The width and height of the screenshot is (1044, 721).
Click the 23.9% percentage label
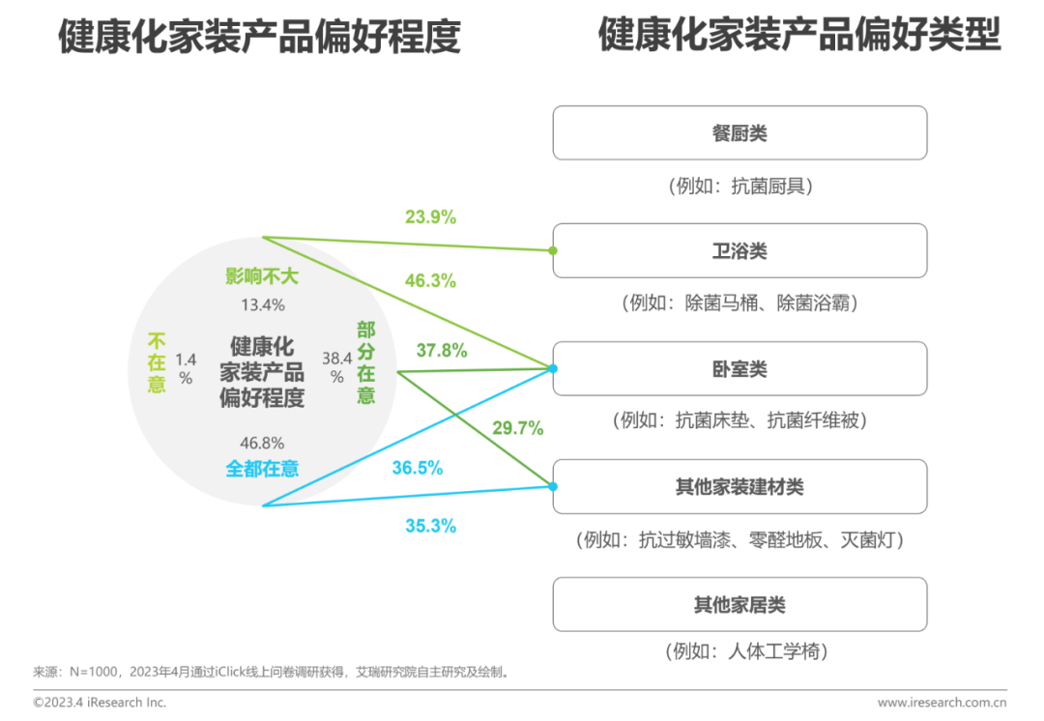click(x=430, y=217)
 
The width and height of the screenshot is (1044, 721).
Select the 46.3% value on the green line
click(x=430, y=281)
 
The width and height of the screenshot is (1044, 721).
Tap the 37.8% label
click(x=442, y=351)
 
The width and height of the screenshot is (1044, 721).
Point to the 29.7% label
click(x=517, y=428)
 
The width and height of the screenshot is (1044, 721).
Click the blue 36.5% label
click(x=418, y=468)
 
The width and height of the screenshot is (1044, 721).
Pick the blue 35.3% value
click(x=430, y=527)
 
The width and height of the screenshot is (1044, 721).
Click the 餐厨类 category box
click(x=739, y=133)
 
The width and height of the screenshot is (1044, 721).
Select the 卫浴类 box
click(x=739, y=251)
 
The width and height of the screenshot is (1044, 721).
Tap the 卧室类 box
click(x=739, y=369)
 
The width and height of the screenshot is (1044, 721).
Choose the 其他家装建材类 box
click(x=739, y=487)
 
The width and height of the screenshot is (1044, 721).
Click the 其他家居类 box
click(x=739, y=605)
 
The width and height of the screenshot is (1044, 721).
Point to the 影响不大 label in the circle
click(x=262, y=277)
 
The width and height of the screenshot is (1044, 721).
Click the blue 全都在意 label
click(x=262, y=469)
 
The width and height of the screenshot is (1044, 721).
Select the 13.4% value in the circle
click(x=262, y=305)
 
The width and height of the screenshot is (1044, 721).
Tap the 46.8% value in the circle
click(x=262, y=443)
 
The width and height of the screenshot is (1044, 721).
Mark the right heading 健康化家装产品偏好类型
click(x=799, y=36)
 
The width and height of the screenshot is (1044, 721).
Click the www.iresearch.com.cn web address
click(x=942, y=703)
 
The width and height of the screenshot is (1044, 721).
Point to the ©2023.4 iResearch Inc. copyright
click(x=100, y=703)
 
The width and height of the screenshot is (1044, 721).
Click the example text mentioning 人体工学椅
click(x=747, y=651)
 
